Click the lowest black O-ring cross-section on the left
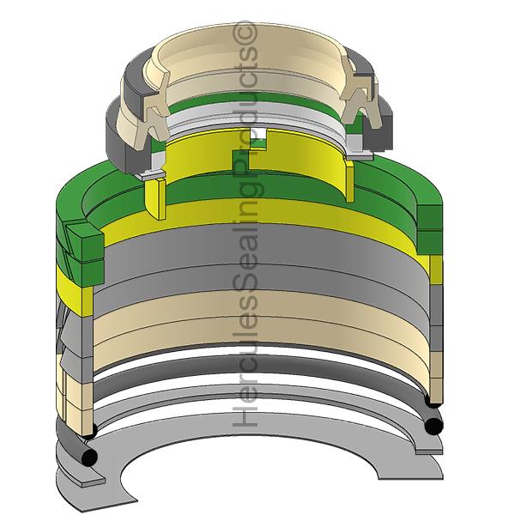click(x=89, y=457)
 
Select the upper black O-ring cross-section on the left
click(x=90, y=430)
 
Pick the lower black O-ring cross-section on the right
click(x=433, y=426)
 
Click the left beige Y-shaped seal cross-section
click(x=155, y=111)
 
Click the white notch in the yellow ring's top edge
click(x=259, y=133)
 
